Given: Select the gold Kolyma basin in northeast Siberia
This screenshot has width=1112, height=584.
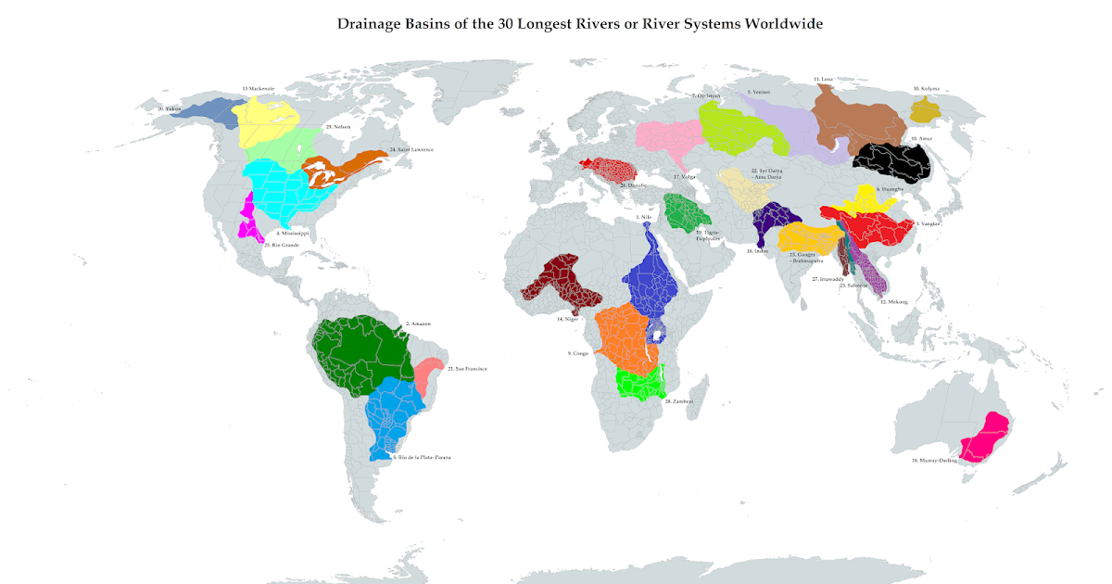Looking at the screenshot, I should click(925, 112).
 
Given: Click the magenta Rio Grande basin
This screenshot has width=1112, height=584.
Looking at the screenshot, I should click(247, 218).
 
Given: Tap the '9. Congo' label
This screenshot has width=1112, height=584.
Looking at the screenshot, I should click(578, 353).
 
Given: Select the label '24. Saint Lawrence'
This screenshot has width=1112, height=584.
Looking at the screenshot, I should click(411, 149).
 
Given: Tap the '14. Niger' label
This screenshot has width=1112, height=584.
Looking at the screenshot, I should click(567, 319).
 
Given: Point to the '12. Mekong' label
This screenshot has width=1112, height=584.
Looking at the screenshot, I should click(894, 302).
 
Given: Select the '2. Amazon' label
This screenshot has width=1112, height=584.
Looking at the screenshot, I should click(418, 324).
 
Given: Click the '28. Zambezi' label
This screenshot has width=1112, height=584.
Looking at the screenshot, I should click(679, 401).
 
